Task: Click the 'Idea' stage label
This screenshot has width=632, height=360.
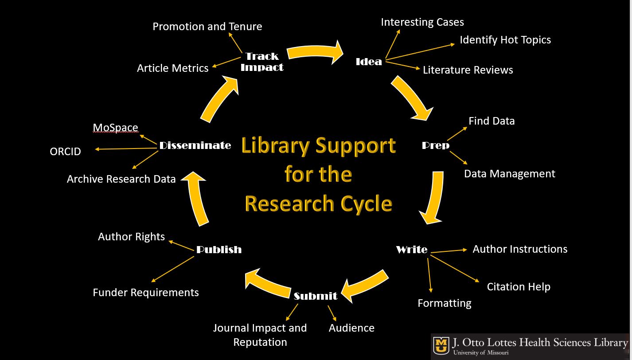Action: pyautogui.click(x=369, y=62)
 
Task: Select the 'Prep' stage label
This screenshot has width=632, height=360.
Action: pyautogui.click(x=435, y=145)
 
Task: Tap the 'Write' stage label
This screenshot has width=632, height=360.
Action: pyautogui.click(x=412, y=250)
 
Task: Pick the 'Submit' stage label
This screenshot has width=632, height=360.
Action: pyautogui.click(x=316, y=296)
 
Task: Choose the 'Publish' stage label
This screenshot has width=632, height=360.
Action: pyautogui.click(x=219, y=250)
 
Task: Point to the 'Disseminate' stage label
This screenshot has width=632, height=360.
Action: pyautogui.click(x=195, y=145)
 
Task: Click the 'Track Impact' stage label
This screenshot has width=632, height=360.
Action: pyautogui.click(x=262, y=62)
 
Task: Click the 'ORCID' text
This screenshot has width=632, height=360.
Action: pyautogui.click(x=66, y=152)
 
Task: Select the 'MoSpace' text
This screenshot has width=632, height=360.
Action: pyautogui.click(x=115, y=128)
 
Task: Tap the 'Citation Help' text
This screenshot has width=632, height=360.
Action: pyautogui.click(x=519, y=287)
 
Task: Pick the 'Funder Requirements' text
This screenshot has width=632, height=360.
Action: pyautogui.click(x=146, y=293)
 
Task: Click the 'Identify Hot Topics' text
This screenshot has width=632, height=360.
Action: pyautogui.click(x=505, y=40)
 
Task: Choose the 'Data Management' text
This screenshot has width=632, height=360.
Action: pyautogui.click(x=509, y=174)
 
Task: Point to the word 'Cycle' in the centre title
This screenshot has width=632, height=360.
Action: pyautogui.click(x=366, y=204)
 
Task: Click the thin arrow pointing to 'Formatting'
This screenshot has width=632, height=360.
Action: pyautogui.click(x=429, y=275)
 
